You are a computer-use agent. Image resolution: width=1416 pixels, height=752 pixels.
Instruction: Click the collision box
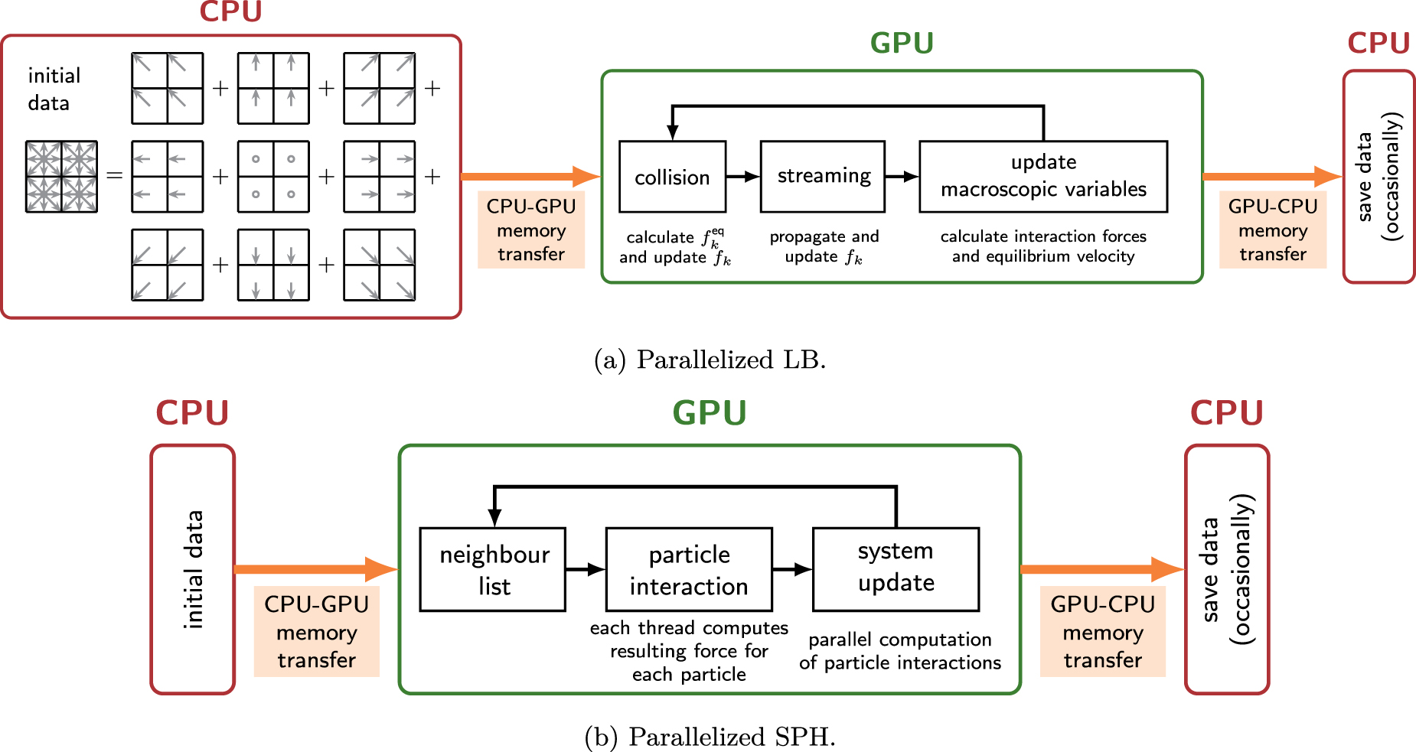click(x=672, y=177)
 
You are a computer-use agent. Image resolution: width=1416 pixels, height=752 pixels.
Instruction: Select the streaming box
click(x=823, y=177)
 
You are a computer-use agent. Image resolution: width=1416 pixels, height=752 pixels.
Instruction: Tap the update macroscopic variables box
click(x=1042, y=177)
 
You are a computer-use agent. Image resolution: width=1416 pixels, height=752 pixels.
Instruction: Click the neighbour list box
click(x=493, y=570)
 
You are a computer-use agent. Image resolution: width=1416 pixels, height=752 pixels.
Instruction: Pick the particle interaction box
click(x=689, y=570)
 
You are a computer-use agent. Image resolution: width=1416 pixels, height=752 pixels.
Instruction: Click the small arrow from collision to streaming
click(x=742, y=177)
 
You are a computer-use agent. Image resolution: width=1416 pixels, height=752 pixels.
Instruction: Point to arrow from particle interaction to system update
click(x=792, y=569)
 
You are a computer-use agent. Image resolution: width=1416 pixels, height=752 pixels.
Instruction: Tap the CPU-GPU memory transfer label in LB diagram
click(x=530, y=230)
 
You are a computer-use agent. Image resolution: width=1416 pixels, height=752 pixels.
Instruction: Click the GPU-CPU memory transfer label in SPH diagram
click(x=1102, y=631)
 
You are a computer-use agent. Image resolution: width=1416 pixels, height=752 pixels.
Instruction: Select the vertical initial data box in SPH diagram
click(x=193, y=570)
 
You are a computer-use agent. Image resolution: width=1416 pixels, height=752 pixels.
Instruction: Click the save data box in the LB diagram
click(x=1378, y=177)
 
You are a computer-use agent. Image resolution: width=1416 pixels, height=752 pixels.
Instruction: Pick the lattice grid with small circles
click(x=273, y=177)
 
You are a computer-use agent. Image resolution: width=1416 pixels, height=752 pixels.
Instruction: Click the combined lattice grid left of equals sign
click(x=61, y=177)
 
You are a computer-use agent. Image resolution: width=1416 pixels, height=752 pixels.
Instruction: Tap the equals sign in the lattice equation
click(x=114, y=177)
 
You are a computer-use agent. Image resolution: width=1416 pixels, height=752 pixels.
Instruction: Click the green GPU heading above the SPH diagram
click(x=709, y=413)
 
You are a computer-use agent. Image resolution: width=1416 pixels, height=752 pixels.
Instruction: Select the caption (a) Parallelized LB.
click(x=710, y=360)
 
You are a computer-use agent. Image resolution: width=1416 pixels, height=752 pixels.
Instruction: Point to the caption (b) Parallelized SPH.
click(x=710, y=737)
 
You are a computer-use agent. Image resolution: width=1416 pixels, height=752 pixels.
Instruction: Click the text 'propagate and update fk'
click(x=824, y=246)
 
